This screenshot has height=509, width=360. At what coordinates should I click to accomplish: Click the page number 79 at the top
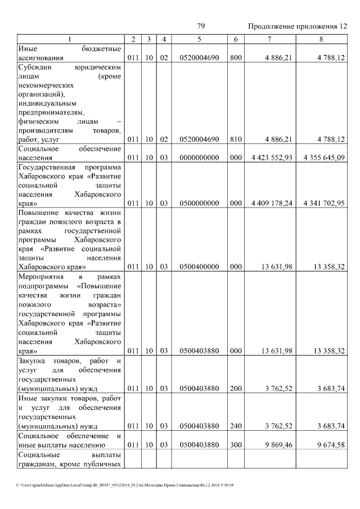tap(201, 26)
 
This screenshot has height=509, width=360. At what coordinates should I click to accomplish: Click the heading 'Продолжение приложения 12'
tap(298, 26)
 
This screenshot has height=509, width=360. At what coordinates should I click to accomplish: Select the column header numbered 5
tap(199, 39)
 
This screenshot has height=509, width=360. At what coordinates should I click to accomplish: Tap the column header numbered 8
tap(321, 39)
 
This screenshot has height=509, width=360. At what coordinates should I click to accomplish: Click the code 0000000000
tap(199, 157)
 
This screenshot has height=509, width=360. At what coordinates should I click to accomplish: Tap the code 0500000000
tap(199, 203)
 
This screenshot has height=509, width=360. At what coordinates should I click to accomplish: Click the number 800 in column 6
tap(236, 57)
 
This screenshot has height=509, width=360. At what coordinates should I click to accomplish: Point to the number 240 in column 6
tap(236, 426)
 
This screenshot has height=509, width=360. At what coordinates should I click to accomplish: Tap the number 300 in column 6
tap(236, 444)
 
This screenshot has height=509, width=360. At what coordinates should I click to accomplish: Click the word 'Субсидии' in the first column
tap(35, 66)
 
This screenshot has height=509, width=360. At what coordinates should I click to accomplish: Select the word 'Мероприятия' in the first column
tap(41, 278)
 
